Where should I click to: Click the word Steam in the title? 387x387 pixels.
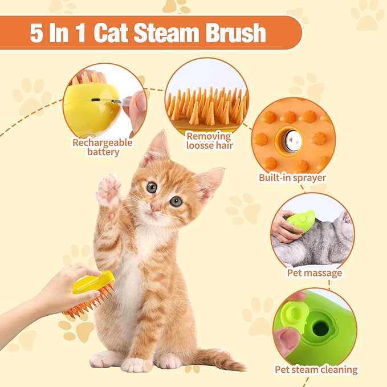pos(166,33)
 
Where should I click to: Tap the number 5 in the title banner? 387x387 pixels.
pos(36,33)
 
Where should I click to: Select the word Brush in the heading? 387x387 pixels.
pos(236,33)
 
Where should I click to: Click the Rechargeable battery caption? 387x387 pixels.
pos(103,148)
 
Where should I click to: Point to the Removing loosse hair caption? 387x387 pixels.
pos(210,141)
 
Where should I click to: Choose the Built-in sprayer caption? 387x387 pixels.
pos(292,178)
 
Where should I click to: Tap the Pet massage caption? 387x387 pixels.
pos(315,273)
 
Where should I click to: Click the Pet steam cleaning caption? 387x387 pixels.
pos(316,370)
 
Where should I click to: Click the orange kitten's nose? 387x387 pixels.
pos(156,208)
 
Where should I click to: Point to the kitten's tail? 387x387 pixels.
pos(217,359)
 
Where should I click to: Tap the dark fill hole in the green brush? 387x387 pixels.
pos(321,329)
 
